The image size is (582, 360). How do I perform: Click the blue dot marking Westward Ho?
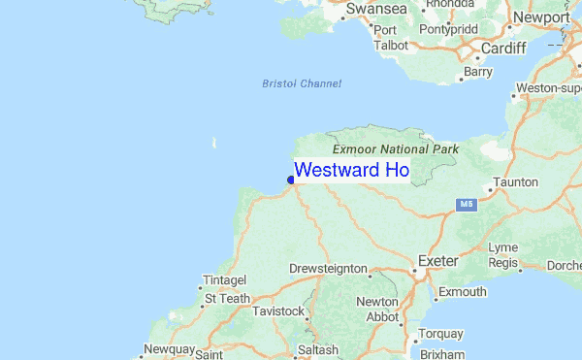click(x=291, y=179)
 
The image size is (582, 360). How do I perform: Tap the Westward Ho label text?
click(x=351, y=171)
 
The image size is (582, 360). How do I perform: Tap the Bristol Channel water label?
click(x=302, y=83)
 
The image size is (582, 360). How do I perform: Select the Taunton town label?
click(x=516, y=182)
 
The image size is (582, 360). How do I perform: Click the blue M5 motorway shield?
click(x=468, y=205)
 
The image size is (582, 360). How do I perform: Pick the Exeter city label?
click(x=436, y=261)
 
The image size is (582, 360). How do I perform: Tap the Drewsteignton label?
click(x=329, y=269)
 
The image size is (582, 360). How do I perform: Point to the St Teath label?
click(x=228, y=299)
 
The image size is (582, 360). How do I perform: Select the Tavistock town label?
click(x=278, y=311)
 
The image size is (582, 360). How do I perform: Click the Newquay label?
click(x=170, y=348)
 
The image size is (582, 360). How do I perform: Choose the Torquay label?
click(x=440, y=335)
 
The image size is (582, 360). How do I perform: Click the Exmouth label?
click(x=463, y=292)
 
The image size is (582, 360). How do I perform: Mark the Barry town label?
click(x=478, y=71)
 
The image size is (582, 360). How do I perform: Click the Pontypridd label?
click(x=450, y=29)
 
